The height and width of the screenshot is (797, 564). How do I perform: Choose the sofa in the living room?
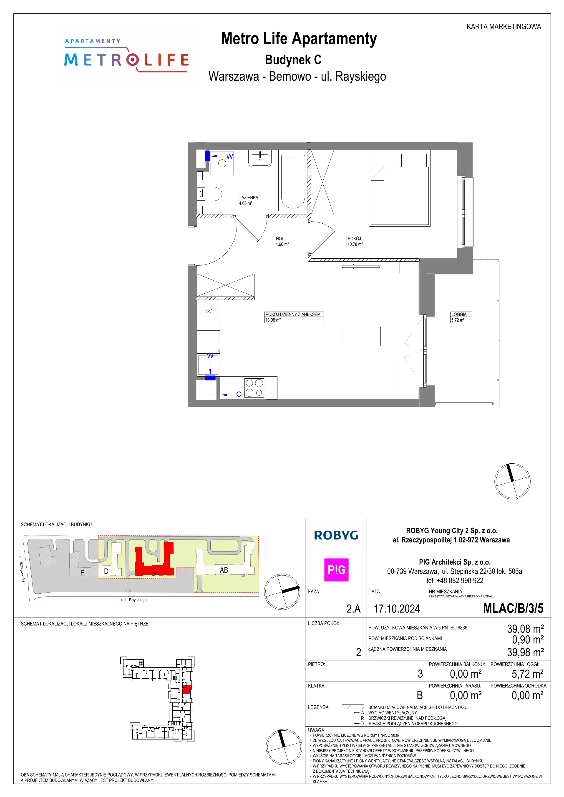point(361,376)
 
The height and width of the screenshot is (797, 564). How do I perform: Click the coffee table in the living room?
point(361,336)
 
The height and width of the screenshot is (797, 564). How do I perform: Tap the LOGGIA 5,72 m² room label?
point(461,317)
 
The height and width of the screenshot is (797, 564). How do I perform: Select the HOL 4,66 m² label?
point(283,241)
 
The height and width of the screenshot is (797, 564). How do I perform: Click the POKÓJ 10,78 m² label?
point(357,241)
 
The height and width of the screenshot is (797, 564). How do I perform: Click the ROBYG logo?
point(336,535)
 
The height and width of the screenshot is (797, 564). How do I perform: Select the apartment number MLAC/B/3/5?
point(513,609)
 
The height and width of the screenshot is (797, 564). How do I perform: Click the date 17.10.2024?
point(397,609)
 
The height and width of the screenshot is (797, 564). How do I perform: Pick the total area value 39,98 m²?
point(525,652)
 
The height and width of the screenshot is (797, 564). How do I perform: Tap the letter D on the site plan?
point(106,571)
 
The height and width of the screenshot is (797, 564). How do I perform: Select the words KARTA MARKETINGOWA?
point(504,27)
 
